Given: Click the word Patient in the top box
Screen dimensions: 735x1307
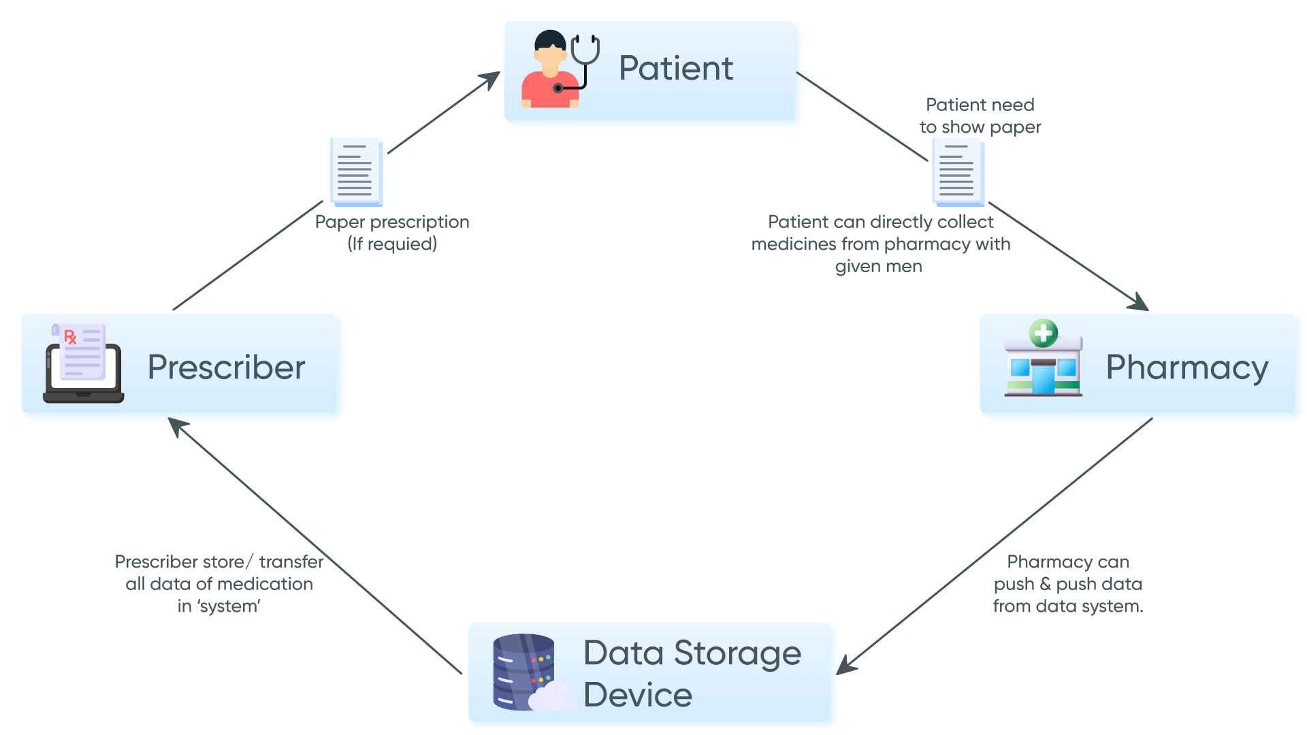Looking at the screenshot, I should [675, 69].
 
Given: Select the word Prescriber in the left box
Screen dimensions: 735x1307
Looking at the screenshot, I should [226, 367].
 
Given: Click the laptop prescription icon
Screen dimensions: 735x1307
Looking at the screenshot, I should [83, 363].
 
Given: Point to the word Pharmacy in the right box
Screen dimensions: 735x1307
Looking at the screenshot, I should [1187, 368].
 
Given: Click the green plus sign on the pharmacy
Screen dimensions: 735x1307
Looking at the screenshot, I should [1043, 333].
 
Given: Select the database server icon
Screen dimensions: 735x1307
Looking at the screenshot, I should [524, 672].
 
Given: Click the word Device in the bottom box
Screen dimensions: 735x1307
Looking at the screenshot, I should [638, 695].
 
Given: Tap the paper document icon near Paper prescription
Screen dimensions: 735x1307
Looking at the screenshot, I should [356, 171].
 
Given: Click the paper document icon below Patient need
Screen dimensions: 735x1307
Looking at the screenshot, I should [958, 171].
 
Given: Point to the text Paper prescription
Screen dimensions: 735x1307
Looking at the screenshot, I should [392, 222].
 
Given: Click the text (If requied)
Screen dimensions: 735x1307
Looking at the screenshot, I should [392, 244].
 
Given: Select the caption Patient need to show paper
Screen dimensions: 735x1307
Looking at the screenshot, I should [980, 116].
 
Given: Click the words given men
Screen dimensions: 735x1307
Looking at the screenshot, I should [878, 267].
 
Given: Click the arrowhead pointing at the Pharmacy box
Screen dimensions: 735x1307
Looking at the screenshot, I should [1140, 303].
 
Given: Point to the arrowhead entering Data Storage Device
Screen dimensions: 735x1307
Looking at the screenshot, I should [845, 666].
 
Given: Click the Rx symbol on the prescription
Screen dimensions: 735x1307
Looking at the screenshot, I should [70, 337].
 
